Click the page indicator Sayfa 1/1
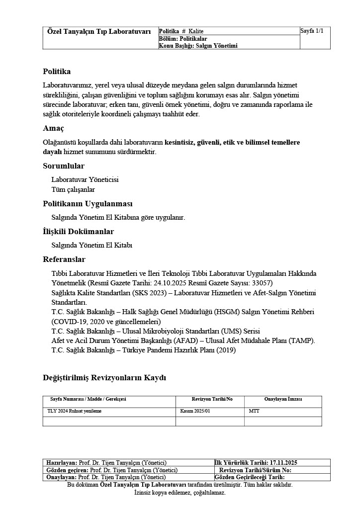pos(312,31)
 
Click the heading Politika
pos(57,72)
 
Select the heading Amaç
pos(53,128)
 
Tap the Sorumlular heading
pos(64,166)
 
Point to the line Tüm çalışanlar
pos(73,189)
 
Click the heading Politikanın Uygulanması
pos(88,204)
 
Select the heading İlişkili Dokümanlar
pos(78,232)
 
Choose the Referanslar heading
pos(64,259)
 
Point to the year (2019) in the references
pos(225,350)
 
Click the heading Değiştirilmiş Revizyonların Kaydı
pos(104,378)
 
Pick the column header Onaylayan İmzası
pos(283,399)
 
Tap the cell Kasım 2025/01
pos(195,411)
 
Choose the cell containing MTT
pos(254,411)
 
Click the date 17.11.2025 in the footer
pos(283,462)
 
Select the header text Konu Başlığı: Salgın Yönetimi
pos(198,46)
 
